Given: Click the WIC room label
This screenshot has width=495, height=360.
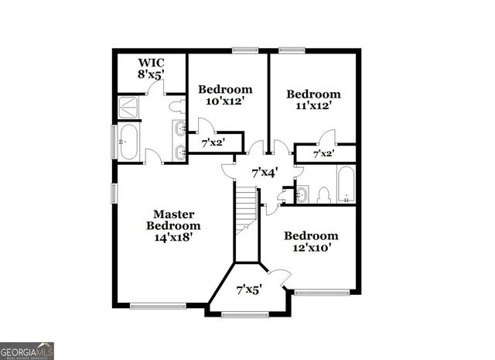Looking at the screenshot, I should click(x=152, y=63).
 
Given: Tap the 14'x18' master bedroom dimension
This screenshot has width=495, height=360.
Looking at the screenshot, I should click(x=173, y=238).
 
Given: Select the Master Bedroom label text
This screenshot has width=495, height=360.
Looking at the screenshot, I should click(x=173, y=220).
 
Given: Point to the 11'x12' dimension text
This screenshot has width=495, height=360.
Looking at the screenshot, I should click(x=313, y=107).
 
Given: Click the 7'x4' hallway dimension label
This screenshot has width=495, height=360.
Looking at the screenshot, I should click(x=264, y=172).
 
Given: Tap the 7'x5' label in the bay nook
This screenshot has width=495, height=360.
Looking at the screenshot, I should click(x=248, y=290).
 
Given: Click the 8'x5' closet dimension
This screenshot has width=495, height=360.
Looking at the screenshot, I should click(x=152, y=76).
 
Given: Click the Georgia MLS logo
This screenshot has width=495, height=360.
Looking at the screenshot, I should click(x=27, y=350).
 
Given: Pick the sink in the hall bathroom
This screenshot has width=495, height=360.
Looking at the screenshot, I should click(x=301, y=193).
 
